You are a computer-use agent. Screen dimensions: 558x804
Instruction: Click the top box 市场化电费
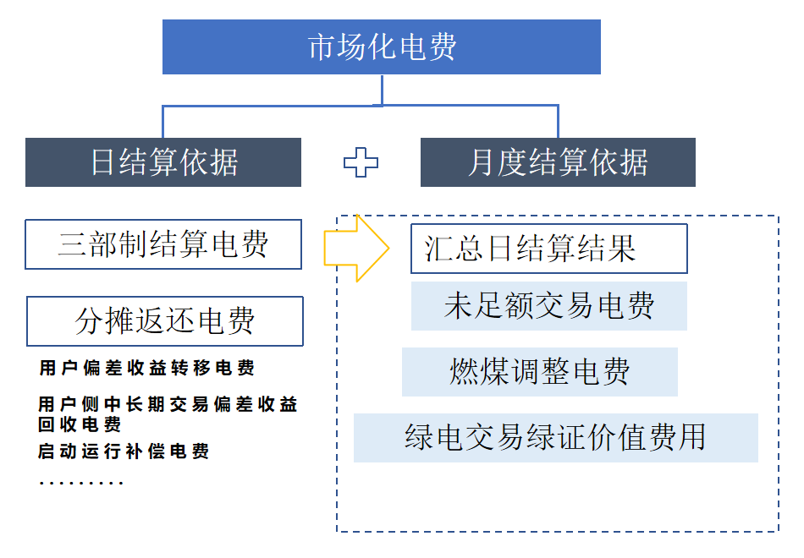point(382,47)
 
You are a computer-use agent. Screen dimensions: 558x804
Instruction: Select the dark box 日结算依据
point(163,162)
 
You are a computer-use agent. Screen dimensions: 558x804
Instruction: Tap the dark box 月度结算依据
point(558,162)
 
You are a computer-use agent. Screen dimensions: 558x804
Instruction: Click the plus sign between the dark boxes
point(361,162)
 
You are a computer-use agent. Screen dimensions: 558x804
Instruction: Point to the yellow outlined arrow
point(356,248)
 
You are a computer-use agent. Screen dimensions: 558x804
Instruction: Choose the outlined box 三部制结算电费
point(163,244)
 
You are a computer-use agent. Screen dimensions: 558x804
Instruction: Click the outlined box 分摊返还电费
point(165,321)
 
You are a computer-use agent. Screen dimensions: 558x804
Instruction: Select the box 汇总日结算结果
point(548,249)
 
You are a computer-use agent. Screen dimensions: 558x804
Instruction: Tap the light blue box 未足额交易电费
point(548,306)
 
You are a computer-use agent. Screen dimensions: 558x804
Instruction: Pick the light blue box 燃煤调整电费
point(540,371)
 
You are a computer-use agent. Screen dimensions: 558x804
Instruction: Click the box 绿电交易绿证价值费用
point(555,437)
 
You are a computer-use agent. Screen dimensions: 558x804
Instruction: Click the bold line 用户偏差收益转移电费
point(146,369)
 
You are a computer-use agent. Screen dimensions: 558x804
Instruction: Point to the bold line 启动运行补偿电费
point(124,451)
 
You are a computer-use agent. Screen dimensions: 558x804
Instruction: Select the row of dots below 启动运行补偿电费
point(81,484)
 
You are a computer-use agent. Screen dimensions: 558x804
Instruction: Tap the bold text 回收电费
point(80,424)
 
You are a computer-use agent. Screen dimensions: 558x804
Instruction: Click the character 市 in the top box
point(322,47)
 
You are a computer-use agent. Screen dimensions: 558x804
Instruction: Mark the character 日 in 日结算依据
point(103,162)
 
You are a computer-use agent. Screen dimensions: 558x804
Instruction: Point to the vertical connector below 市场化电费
point(383,90)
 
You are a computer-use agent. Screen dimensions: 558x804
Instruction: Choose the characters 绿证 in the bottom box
point(555,437)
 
